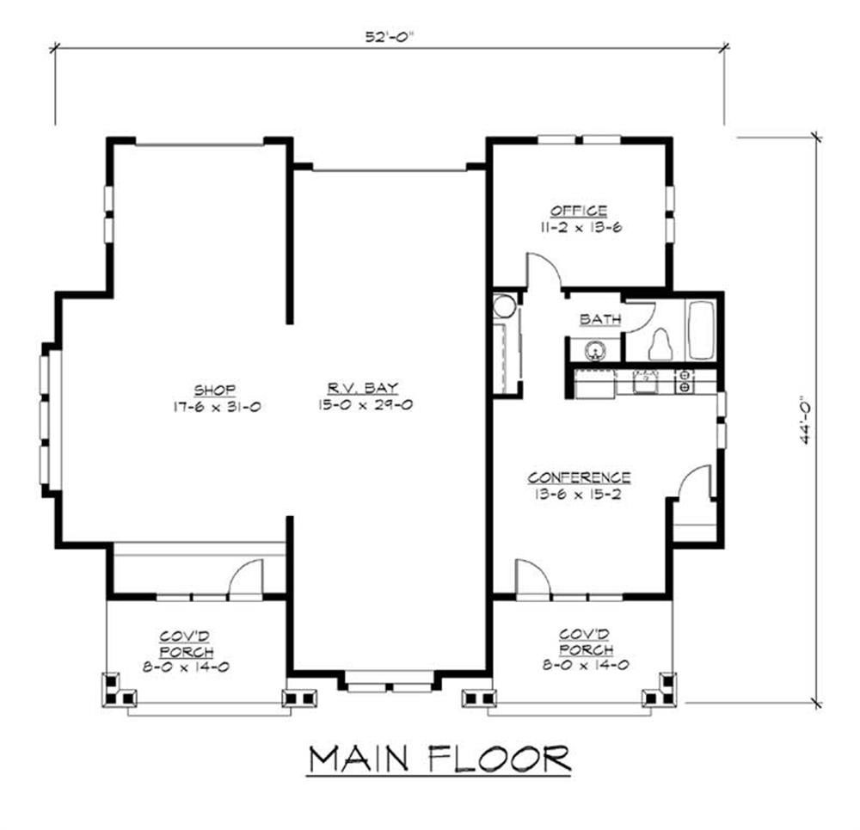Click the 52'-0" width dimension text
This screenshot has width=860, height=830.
tap(390, 37)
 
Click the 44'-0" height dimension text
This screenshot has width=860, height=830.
tap(806, 421)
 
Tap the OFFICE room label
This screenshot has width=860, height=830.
tap(579, 211)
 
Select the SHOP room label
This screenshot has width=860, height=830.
tap(215, 390)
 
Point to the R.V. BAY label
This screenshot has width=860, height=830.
tap(363, 388)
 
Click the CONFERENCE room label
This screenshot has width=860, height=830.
tap(579, 477)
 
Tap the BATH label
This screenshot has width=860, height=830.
tap(600, 319)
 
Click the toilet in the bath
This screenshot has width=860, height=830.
tap(660, 345)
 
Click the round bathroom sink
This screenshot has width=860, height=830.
tap(593, 350)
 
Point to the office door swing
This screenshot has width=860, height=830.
tap(544, 271)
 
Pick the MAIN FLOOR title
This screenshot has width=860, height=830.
tap(439, 760)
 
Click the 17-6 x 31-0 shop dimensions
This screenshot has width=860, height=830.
tap(217, 407)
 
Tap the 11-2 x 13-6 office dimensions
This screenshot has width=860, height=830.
tap(580, 227)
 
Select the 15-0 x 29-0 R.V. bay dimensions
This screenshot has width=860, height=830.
tap(364, 405)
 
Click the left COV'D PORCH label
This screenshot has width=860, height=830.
tap(186, 644)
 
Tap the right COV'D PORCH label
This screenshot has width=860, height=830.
tap(585, 642)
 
